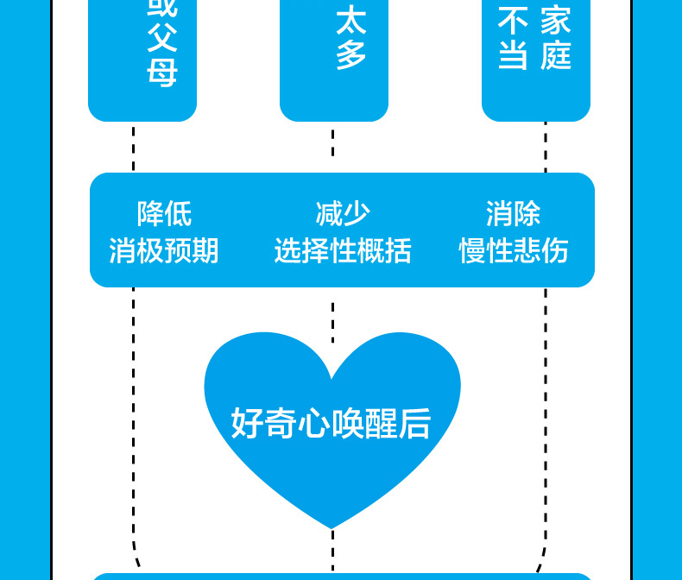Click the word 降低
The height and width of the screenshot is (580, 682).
point(164,213)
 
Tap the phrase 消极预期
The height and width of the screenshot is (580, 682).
point(164,251)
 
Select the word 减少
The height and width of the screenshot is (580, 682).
point(343,213)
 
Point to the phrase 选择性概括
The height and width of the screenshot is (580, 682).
point(343,251)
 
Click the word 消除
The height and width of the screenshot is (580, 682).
point(514,213)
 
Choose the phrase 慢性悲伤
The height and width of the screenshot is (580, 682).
point(514,251)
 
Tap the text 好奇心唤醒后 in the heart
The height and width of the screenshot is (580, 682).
point(332,423)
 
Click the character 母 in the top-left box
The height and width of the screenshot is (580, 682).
point(161,72)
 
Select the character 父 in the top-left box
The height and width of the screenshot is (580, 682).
point(161,38)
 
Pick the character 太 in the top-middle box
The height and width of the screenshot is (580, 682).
point(351,20)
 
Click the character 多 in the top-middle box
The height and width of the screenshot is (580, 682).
point(351,55)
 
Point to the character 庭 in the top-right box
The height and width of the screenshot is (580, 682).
point(556,56)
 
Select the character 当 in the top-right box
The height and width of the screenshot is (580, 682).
point(513,56)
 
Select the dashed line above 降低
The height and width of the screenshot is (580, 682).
point(134,148)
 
